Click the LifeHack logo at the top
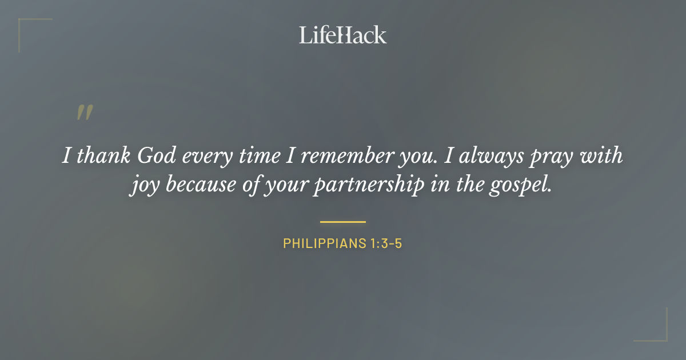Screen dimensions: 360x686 [343, 35]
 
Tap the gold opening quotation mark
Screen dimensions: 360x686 [85, 113]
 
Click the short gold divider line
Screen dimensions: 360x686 [343, 222]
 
